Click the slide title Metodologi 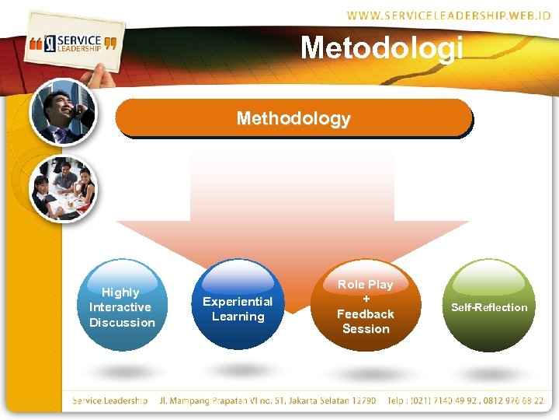coord(381,47)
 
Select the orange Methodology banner coord(293,120)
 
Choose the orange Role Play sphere coord(365,306)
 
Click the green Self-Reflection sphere coord(489,306)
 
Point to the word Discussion coord(122,323)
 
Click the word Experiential coord(238,302)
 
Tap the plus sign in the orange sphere coord(366,299)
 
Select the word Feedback coord(365,314)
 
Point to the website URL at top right coord(449,15)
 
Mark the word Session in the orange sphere coord(366,329)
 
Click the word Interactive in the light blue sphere coord(120,307)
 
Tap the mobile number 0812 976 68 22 coord(513,401)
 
